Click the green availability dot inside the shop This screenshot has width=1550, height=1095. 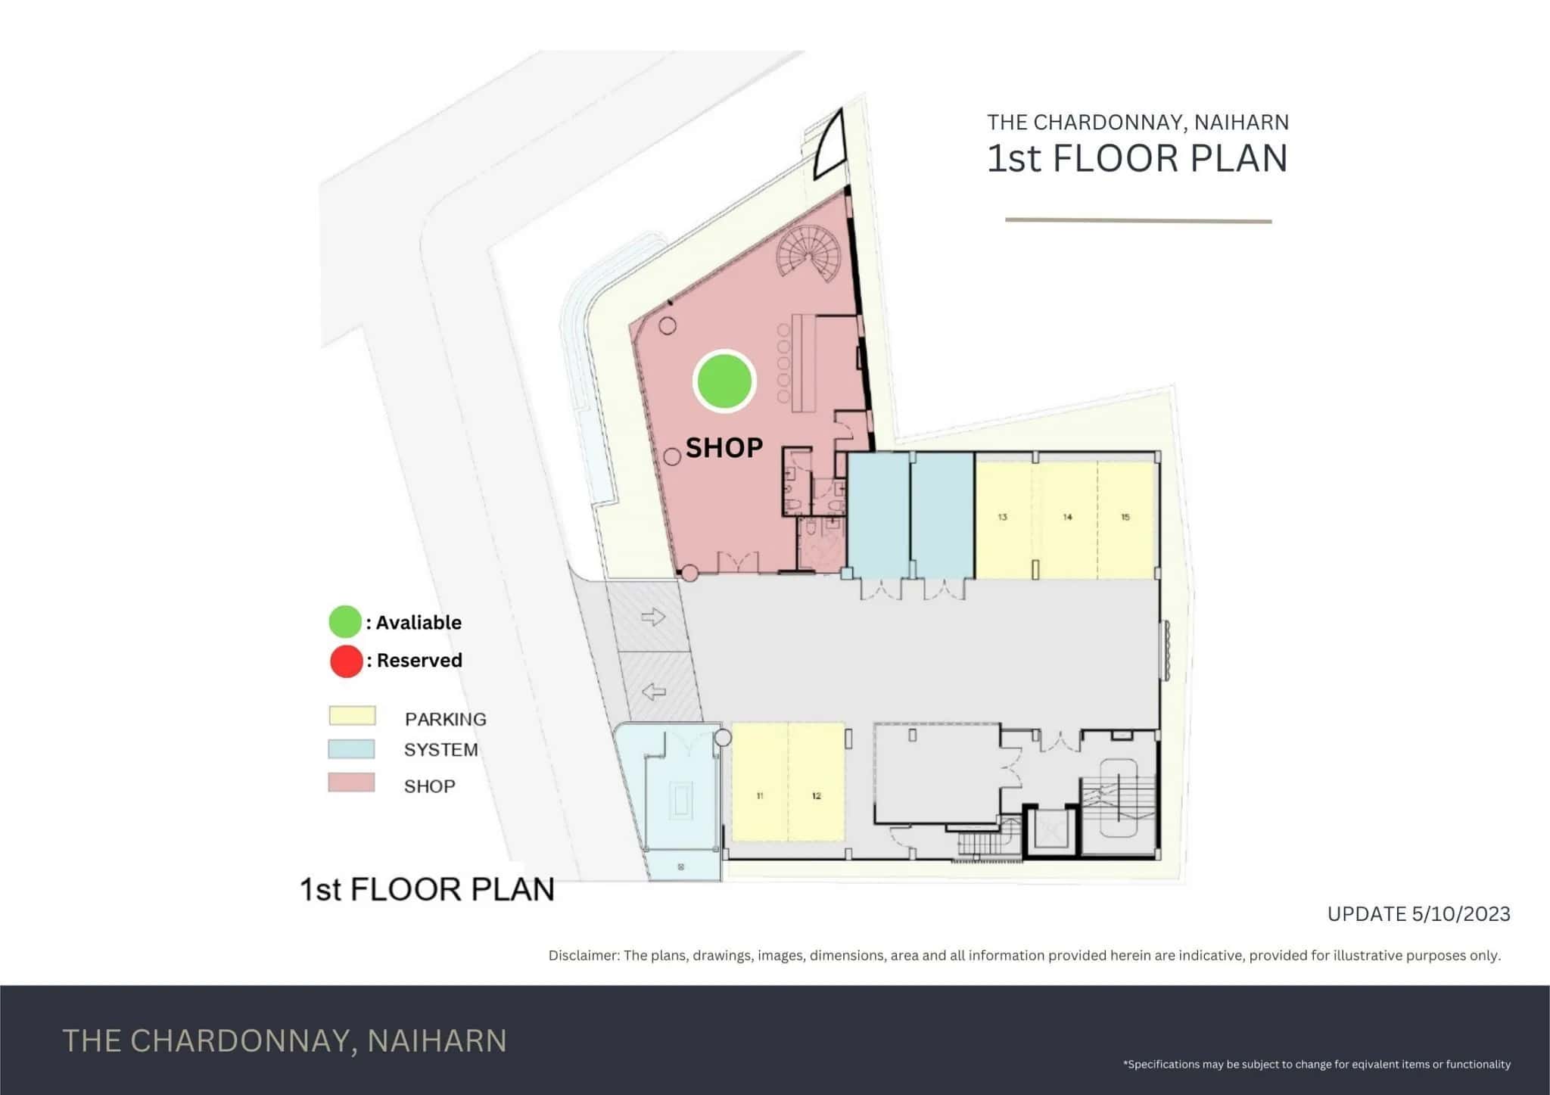pos(724,381)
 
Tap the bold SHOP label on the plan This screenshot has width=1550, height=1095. pos(724,448)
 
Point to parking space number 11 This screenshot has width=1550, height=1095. pos(760,795)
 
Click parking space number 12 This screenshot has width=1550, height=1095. pos(817,795)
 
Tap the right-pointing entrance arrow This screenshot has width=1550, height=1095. pos(653,617)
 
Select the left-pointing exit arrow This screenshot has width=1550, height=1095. pos(653,691)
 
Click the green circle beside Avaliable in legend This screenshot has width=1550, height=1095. pos(344,622)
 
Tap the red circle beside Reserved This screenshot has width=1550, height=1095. pos(346,661)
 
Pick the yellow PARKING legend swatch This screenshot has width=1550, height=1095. pos(352,716)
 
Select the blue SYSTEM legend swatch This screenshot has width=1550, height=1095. pos(351,749)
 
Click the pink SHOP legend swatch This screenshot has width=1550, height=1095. pos(351,782)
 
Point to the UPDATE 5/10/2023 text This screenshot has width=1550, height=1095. pos(1418,914)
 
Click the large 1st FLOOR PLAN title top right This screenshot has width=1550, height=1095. pos(1137,159)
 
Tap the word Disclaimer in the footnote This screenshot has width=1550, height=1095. pos(583,956)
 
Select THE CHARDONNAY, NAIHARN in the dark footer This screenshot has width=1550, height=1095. pos(285,1041)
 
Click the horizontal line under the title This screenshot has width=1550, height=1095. pos(1138,221)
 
